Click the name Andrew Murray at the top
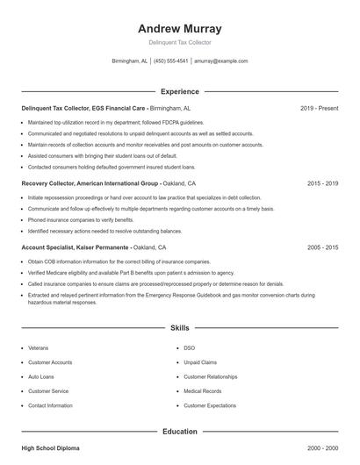coord(180,28)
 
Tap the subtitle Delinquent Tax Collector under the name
coord(180,42)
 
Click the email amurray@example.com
coord(221,61)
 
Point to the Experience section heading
coord(180,91)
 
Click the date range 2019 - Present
coord(319,108)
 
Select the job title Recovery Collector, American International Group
coord(90,184)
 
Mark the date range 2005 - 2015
coord(323,248)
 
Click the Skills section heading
coord(180,328)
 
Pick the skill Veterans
coord(39,347)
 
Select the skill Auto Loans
coord(41,376)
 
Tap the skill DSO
coord(189,347)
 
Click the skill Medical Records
coord(203,391)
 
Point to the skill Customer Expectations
coord(210,406)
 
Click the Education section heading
coord(180,432)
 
